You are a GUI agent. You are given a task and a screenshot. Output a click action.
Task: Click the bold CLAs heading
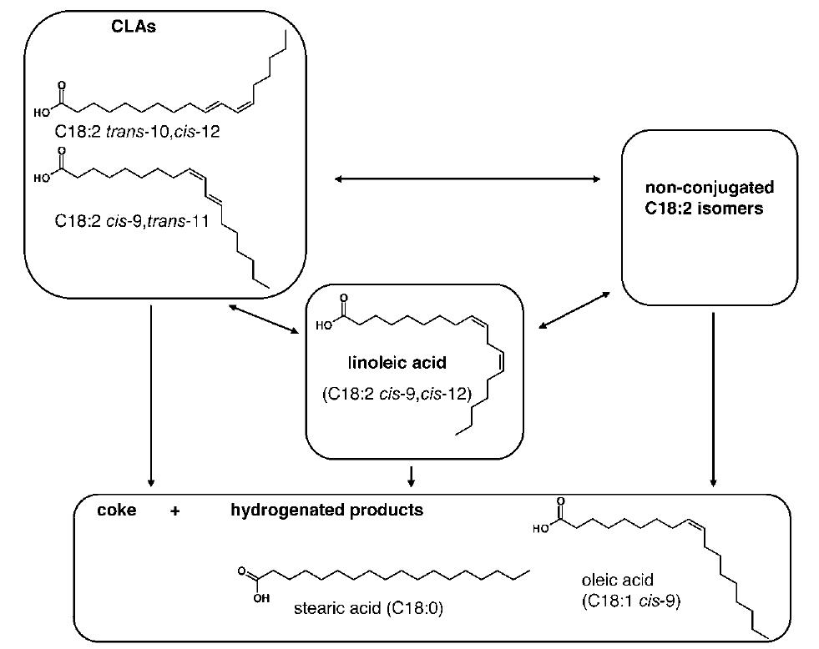[x=136, y=27]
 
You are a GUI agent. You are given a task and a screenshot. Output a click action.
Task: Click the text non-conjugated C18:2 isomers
[x=710, y=198]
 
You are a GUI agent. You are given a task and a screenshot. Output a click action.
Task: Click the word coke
[x=117, y=511]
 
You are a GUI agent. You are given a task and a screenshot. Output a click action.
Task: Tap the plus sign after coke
[x=174, y=511]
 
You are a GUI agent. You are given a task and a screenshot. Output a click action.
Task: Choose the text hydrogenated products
[x=326, y=511]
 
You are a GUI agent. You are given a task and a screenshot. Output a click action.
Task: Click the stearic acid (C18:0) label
[x=368, y=607]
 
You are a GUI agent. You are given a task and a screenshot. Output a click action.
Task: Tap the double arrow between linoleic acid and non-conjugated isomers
[x=572, y=310]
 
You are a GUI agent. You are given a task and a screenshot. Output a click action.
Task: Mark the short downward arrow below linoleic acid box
[x=412, y=475]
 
